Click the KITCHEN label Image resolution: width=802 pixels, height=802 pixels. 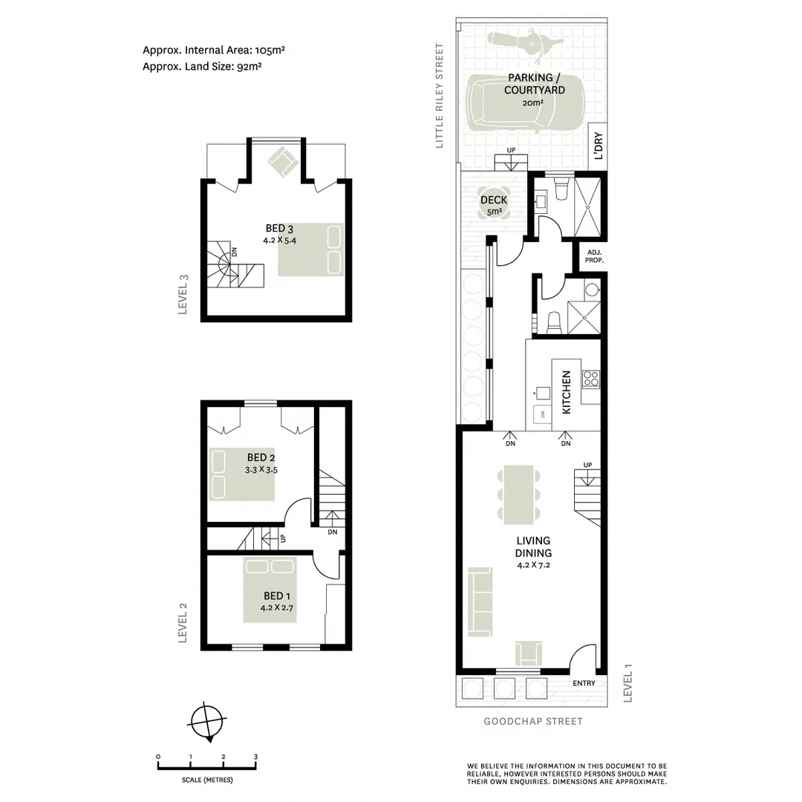[x=566, y=392]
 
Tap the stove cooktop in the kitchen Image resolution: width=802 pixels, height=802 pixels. [x=591, y=378]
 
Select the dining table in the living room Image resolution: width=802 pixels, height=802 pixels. [x=519, y=494]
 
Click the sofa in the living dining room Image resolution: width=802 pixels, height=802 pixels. [x=480, y=601]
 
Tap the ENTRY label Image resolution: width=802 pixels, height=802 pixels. [x=584, y=683]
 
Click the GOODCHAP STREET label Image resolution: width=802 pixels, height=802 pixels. [x=533, y=721]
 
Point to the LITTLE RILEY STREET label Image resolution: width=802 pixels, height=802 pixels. [x=440, y=96]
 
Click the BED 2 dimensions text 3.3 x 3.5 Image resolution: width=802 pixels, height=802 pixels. [x=261, y=470]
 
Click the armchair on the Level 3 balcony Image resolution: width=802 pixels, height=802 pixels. [x=283, y=161]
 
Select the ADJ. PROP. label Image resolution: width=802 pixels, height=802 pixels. [x=595, y=257]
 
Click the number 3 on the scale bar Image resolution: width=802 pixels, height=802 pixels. [x=255, y=757]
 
